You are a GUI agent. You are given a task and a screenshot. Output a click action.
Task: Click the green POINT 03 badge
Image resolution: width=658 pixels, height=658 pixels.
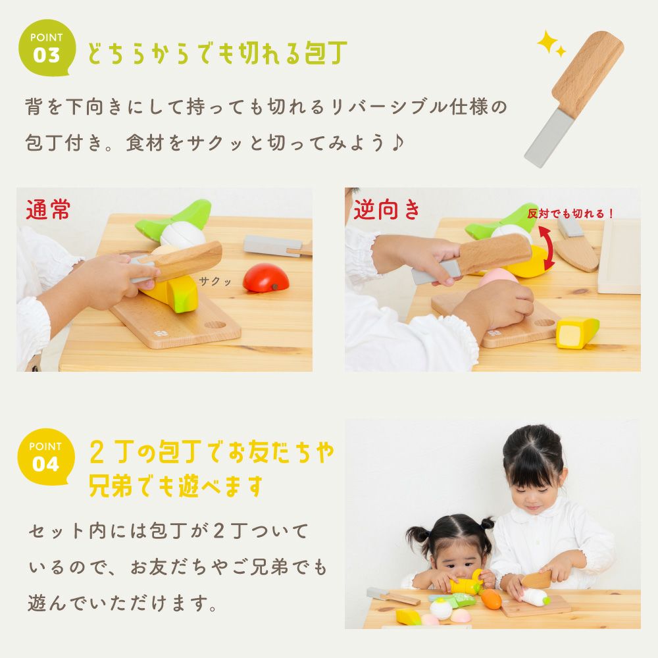(x=46, y=50)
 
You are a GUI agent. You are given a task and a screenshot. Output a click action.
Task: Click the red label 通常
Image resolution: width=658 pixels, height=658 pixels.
(x=48, y=210)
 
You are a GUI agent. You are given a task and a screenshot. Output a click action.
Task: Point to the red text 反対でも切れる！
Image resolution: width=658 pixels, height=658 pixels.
(x=570, y=213)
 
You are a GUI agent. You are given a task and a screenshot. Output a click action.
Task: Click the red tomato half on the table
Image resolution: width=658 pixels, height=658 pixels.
(x=266, y=277)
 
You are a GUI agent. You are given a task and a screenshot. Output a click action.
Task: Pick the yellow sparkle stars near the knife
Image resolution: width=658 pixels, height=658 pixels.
(x=551, y=44)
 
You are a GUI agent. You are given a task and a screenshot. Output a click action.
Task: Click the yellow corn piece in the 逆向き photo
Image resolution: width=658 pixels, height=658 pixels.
(x=577, y=332)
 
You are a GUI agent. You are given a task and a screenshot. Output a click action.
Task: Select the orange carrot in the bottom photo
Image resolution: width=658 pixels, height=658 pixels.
(x=492, y=599)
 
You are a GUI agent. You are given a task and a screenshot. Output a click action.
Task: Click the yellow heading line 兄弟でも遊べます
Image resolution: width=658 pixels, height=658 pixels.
(x=176, y=486)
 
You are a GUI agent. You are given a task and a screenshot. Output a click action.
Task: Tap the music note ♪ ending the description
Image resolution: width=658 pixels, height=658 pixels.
(x=395, y=143)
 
